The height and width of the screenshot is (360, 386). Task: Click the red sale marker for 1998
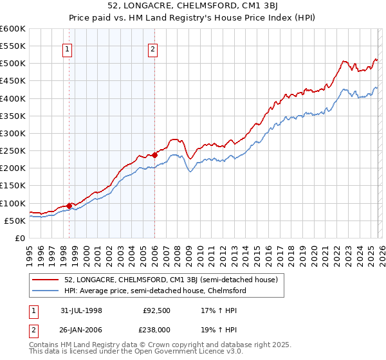(x=69, y=206)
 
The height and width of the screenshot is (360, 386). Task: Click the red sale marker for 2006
(x=154, y=155)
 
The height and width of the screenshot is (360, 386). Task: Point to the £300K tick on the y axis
(x=13, y=133)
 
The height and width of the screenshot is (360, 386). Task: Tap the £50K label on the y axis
(x=15, y=221)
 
